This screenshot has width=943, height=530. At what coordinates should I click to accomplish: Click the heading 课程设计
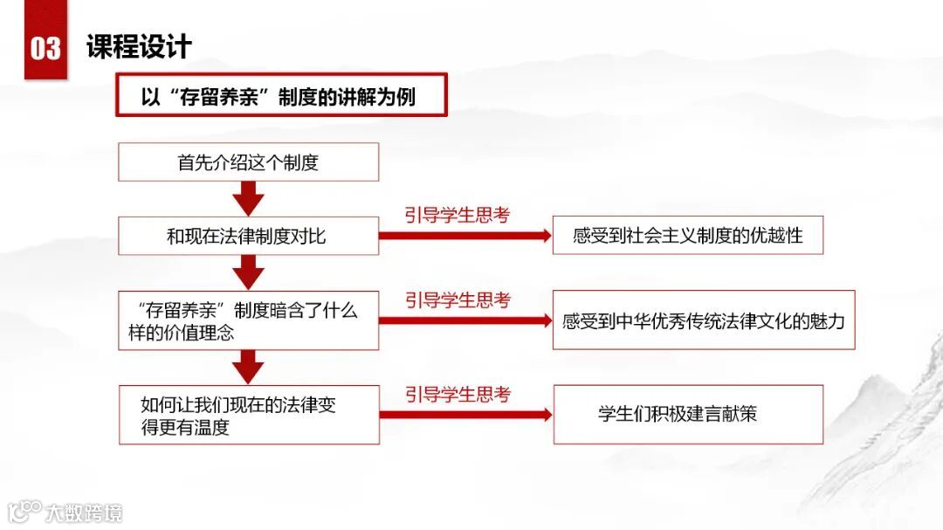139,45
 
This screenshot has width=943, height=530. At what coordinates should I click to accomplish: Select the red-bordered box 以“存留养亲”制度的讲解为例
281,95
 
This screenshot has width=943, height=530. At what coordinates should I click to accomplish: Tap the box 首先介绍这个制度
248,162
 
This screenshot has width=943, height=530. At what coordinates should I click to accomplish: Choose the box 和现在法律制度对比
248,236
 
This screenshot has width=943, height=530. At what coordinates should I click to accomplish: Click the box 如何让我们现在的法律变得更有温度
248,415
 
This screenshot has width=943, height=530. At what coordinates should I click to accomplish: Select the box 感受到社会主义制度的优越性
687,236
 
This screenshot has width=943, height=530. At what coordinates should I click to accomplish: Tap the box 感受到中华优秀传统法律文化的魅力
703,320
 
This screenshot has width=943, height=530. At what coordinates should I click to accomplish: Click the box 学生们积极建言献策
687,414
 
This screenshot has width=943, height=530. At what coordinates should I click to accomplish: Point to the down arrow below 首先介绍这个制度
249,200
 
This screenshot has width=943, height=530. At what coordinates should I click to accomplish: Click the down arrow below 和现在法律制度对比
249,273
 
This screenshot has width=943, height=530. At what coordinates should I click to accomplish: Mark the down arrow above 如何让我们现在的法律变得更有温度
249,367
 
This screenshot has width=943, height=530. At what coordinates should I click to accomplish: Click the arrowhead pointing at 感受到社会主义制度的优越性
545,236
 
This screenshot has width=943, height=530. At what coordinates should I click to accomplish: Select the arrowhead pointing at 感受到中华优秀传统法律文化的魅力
545,320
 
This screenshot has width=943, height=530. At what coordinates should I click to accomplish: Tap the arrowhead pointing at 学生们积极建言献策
545,414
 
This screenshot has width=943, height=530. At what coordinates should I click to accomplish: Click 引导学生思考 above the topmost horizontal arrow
457,216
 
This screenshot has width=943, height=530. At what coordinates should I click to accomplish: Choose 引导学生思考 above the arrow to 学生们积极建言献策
457,395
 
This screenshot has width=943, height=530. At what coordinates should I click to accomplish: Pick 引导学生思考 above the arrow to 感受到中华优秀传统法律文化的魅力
457,300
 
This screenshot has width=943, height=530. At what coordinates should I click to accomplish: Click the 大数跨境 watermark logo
65,512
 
